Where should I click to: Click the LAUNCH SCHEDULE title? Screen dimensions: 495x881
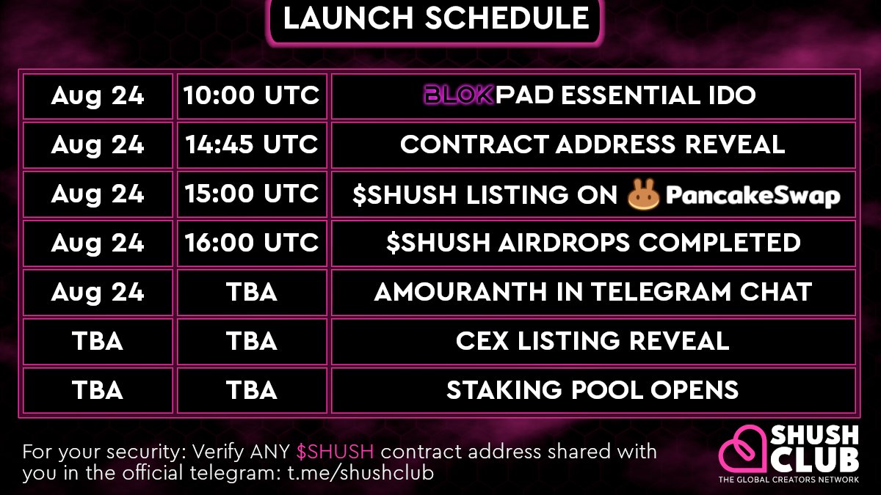point(436,18)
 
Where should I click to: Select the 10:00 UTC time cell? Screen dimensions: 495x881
point(251,95)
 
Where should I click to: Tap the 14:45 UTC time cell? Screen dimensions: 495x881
point(251,144)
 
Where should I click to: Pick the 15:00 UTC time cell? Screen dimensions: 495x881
point(251,194)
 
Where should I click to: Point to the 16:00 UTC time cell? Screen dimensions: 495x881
point(251,243)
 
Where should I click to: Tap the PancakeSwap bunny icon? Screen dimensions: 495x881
point(644,194)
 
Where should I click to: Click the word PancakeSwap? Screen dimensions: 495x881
point(753,195)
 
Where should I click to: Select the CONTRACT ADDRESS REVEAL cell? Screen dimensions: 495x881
point(592,144)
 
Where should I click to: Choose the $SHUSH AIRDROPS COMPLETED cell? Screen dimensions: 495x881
point(592,243)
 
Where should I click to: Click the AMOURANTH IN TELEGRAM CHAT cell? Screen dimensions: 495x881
point(592,292)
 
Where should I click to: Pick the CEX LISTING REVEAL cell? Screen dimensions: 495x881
point(592,341)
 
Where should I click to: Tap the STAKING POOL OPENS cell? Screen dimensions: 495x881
point(592,390)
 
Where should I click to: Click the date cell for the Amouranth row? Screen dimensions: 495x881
point(98,292)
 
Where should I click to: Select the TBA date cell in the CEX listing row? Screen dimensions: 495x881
point(98,341)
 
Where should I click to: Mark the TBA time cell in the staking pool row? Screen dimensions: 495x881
point(251,390)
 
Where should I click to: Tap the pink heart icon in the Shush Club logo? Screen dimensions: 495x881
point(742,451)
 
